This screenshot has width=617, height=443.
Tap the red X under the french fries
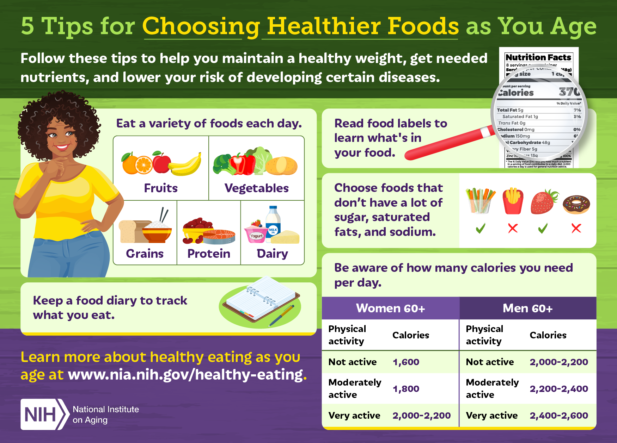point(513,229)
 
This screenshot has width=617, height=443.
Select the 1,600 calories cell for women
point(406,362)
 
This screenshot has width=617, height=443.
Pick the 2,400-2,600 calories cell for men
point(559,416)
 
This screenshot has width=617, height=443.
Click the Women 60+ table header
point(390,308)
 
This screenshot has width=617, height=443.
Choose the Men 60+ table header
point(527,308)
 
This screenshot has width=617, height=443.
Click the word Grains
point(145,254)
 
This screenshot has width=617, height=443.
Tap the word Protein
point(209,254)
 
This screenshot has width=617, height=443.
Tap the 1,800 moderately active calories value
point(406,389)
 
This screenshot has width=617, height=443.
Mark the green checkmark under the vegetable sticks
point(480,229)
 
